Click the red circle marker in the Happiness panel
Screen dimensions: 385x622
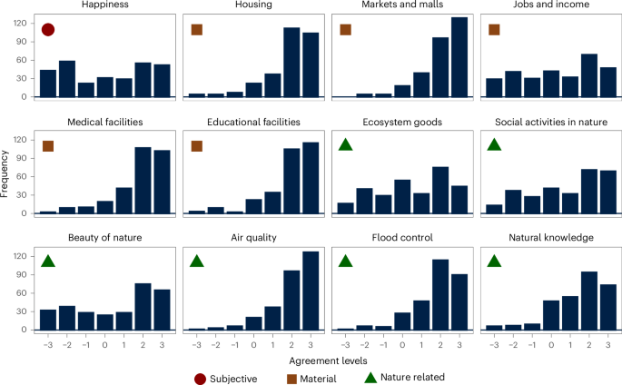point(48,30)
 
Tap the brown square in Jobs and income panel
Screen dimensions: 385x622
point(494,30)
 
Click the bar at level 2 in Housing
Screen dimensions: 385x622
point(291,63)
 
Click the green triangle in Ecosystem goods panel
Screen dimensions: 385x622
point(345,145)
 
